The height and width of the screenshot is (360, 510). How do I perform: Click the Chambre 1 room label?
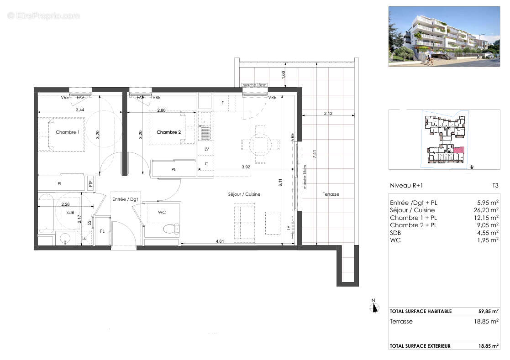point(67,132)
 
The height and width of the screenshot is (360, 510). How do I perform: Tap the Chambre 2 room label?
point(168,132)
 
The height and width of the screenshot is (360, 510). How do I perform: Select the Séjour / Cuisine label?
point(244,194)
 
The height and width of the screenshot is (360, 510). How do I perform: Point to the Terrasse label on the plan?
point(331,194)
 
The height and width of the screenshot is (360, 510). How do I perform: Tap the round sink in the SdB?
point(66,238)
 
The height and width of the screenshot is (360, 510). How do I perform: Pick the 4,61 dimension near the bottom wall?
point(220,241)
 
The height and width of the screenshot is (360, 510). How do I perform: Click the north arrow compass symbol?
point(375,307)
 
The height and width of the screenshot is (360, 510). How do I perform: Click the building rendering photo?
point(444,37)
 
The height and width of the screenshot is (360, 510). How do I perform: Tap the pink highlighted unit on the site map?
point(458,150)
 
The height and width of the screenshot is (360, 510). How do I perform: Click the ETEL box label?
point(91,183)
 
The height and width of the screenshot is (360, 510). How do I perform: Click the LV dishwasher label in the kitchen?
point(206,149)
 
